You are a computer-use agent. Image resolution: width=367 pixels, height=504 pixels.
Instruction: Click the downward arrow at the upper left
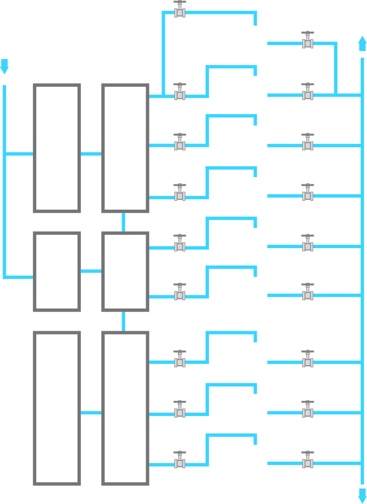click(x=4, y=67)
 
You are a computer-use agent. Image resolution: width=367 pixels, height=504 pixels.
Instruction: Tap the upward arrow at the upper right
click(x=362, y=43)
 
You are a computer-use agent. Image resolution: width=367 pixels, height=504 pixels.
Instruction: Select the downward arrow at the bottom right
click(x=362, y=495)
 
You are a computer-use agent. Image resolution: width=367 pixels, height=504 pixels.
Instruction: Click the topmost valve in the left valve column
click(x=180, y=10)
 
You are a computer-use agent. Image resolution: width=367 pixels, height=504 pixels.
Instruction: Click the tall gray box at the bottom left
click(x=57, y=408)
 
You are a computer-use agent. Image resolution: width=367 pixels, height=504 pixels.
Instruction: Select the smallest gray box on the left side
click(x=57, y=272)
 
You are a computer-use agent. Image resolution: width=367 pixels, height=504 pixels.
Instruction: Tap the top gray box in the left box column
click(x=57, y=148)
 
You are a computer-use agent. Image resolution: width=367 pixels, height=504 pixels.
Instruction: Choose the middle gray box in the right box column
click(x=125, y=272)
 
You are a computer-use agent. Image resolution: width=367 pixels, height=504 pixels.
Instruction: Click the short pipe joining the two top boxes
click(x=91, y=154)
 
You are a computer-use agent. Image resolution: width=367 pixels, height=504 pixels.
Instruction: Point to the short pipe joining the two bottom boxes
click(x=91, y=413)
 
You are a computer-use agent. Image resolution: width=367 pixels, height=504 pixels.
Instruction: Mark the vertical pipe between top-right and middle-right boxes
click(x=124, y=222)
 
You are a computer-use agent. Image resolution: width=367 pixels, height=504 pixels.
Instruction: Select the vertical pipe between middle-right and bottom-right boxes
click(x=124, y=321)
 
